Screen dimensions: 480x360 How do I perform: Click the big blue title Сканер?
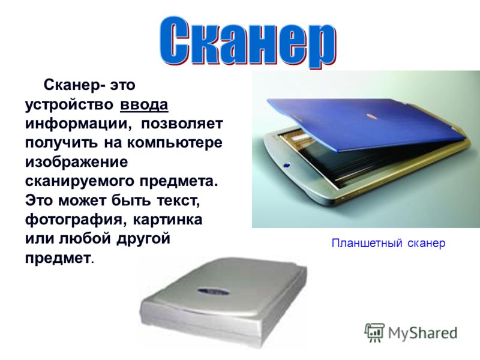tap(247, 43)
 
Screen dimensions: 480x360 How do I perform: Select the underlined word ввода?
tap(144, 104)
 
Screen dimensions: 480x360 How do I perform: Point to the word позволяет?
tap(182, 124)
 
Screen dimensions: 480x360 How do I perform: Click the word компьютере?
tap(175, 143)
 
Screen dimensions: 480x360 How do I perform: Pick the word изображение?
tap(77, 162)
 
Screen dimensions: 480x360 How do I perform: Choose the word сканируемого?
tap(80, 181)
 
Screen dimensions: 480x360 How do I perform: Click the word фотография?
tap(77, 220)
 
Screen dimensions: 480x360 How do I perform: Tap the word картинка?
tap(168, 220)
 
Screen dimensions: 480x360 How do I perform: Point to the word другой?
tap(143, 239)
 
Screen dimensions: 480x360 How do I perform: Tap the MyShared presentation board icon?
tap(374, 332)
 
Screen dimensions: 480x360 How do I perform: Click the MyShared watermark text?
tap(423, 333)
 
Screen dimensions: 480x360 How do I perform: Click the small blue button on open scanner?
tap(287, 166)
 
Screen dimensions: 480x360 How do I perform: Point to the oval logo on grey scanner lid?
tap(214, 290)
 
